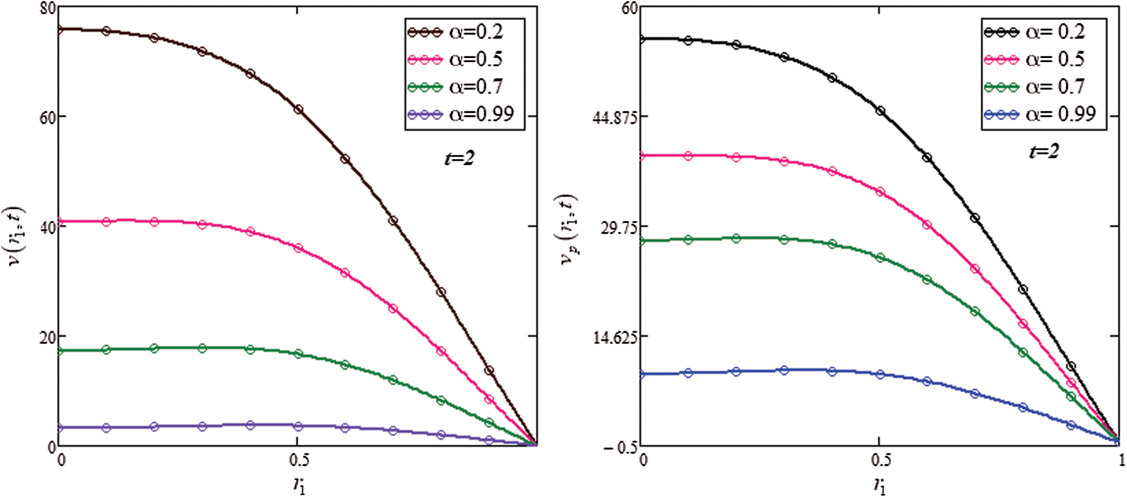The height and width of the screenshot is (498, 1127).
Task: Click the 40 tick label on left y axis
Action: [x=48, y=227]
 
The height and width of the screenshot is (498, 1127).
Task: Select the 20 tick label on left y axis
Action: [x=48, y=337]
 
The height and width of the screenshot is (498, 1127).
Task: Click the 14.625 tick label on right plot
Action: [x=615, y=337]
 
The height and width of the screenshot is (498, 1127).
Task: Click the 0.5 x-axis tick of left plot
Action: [x=299, y=461]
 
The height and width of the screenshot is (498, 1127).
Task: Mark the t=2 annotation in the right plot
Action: [x=1043, y=152]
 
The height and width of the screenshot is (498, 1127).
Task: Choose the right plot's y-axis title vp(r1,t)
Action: [x=568, y=230]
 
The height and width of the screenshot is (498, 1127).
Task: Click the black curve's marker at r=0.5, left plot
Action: [x=298, y=109]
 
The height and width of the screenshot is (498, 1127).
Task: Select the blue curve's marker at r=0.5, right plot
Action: [x=880, y=374]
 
